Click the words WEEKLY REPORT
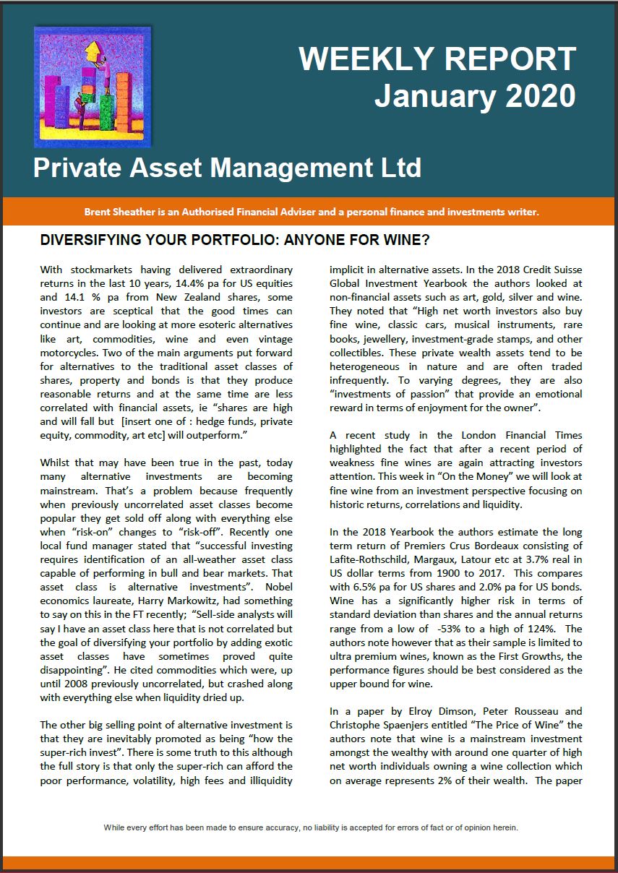(437, 59)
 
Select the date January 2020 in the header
(475, 95)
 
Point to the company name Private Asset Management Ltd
(227, 168)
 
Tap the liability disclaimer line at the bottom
(311, 827)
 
